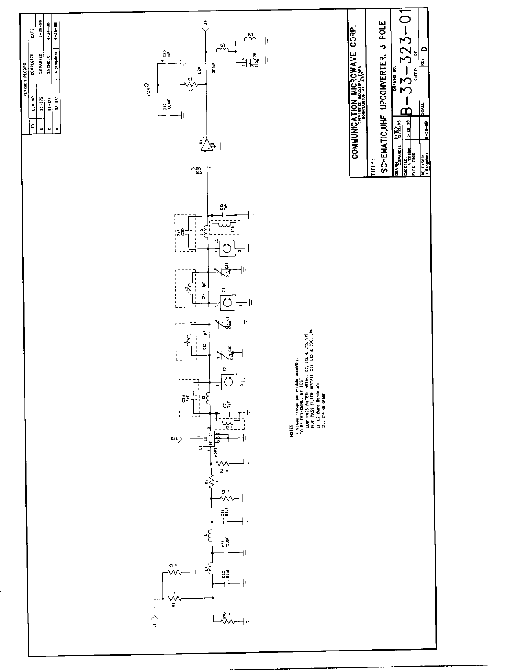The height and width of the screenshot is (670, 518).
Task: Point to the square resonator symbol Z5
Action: pos(228,249)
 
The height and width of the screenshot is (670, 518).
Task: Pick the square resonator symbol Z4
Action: pos(228,302)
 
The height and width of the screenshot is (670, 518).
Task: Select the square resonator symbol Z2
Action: pos(228,382)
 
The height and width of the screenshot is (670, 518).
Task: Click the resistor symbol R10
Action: pos(229,621)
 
